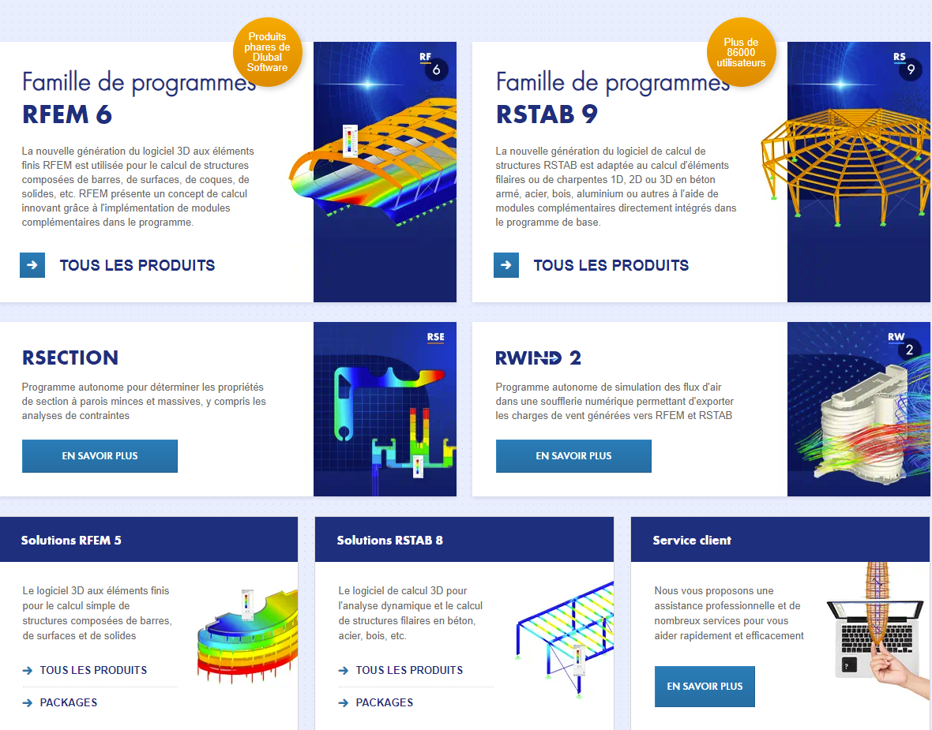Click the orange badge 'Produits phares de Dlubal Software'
click(268, 52)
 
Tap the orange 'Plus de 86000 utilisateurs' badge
click(741, 52)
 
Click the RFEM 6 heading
click(66, 114)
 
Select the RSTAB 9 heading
click(547, 114)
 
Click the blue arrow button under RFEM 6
click(32, 265)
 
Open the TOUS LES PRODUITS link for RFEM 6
click(137, 265)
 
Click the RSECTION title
click(70, 358)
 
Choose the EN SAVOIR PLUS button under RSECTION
click(100, 456)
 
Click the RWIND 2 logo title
click(539, 358)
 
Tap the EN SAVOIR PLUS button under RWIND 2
click(573, 456)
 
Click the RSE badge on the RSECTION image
click(436, 338)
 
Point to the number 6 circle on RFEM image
click(436, 70)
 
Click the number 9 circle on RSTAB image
click(911, 69)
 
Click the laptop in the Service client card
click(870, 638)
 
